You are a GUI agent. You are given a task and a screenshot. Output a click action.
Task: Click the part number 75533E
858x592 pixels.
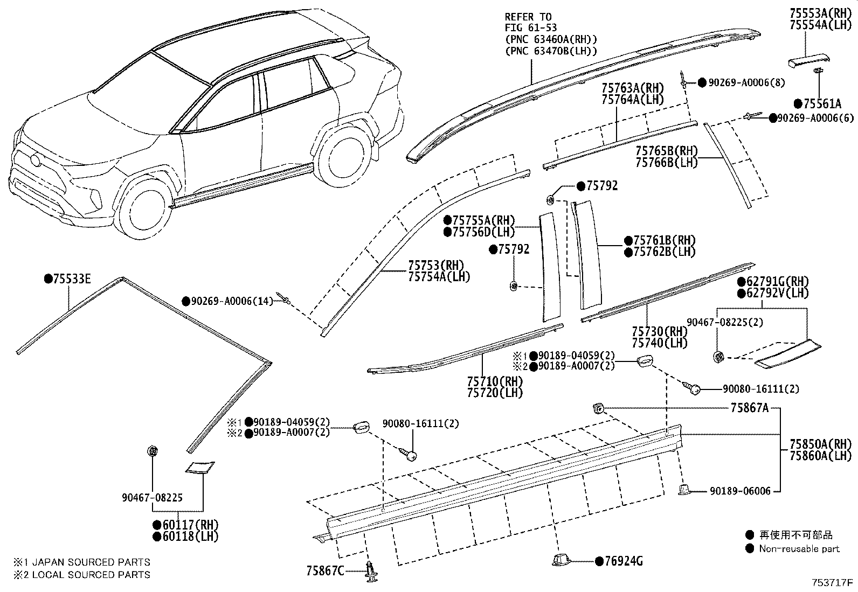(x=72, y=278)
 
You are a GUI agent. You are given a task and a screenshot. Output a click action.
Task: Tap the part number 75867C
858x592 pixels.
(x=325, y=570)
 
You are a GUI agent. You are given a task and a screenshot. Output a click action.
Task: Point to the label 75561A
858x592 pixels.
(x=821, y=104)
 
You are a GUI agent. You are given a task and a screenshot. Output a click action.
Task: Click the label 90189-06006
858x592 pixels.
(x=740, y=491)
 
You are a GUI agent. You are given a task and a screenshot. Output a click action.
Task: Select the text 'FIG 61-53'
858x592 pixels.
(x=531, y=27)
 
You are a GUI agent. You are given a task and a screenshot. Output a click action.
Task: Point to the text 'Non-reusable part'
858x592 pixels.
(x=799, y=549)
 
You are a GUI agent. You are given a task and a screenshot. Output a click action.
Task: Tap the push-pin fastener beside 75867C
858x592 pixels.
(x=371, y=570)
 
